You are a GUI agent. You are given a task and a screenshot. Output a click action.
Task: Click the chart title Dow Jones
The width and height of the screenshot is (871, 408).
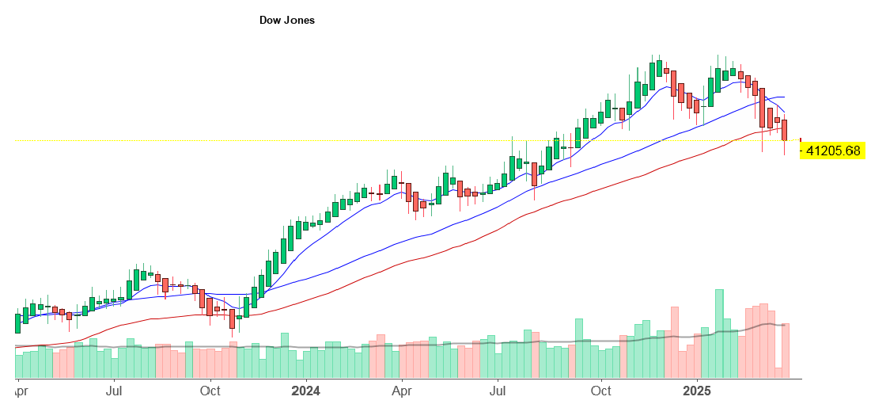286,20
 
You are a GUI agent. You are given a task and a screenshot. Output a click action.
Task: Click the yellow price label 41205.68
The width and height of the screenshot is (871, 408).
833,151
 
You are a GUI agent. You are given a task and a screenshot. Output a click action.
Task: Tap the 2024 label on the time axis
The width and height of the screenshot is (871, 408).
305,391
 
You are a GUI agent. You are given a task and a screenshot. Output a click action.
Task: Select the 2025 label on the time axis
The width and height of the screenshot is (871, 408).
698,391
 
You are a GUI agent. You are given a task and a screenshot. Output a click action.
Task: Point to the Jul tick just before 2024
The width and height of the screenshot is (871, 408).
114,391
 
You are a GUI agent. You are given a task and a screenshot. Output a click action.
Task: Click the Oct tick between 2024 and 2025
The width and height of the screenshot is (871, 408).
601,391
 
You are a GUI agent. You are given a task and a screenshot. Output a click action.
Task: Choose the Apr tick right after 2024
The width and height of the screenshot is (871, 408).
402,391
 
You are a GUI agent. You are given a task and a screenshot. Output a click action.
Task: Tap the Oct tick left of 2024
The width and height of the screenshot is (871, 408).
210,391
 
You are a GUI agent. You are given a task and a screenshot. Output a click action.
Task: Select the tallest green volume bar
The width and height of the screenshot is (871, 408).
719,334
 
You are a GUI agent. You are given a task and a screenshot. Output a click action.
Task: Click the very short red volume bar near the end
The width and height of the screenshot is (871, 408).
778,372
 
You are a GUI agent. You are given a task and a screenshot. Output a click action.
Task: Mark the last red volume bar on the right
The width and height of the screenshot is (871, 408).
786,350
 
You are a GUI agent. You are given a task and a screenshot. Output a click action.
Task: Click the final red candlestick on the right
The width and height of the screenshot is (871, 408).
786,130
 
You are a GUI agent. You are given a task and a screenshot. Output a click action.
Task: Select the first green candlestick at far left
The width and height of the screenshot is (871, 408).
17,323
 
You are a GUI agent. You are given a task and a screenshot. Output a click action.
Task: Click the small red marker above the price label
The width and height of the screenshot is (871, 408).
801,141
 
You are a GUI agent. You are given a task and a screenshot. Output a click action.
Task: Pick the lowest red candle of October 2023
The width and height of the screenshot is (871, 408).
232,318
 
